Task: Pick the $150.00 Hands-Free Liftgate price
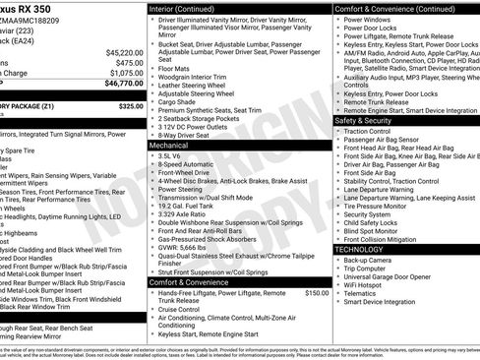point(317,293)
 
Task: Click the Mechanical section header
point(169,144)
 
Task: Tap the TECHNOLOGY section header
point(359,250)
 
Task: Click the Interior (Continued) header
point(182,8)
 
